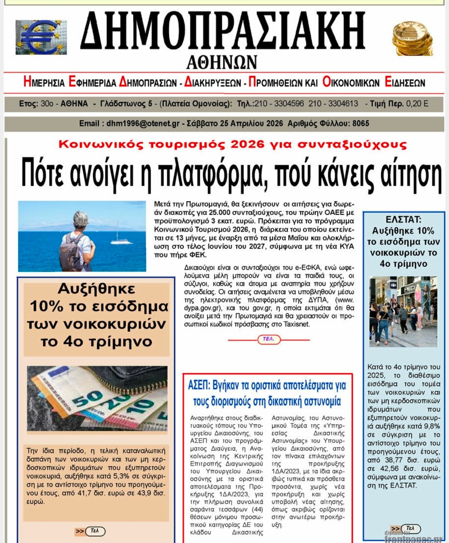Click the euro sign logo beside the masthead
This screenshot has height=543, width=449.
(41, 37)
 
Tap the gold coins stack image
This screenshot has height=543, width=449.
(412, 38)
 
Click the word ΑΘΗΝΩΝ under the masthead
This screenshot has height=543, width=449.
(222, 62)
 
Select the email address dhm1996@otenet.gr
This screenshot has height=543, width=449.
(143, 124)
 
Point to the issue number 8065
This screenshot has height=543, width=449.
(361, 124)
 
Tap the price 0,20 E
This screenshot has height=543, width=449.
(417, 104)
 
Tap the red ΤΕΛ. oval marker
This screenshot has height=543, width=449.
(269, 339)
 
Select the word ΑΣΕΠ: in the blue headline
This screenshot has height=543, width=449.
(199, 386)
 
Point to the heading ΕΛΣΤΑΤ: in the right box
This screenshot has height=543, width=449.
(403, 220)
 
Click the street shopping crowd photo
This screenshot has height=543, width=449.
(403, 311)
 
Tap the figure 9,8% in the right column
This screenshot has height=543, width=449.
(432, 426)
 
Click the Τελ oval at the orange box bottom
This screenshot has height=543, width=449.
(95, 531)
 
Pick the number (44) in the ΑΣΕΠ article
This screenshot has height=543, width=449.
(257, 510)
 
